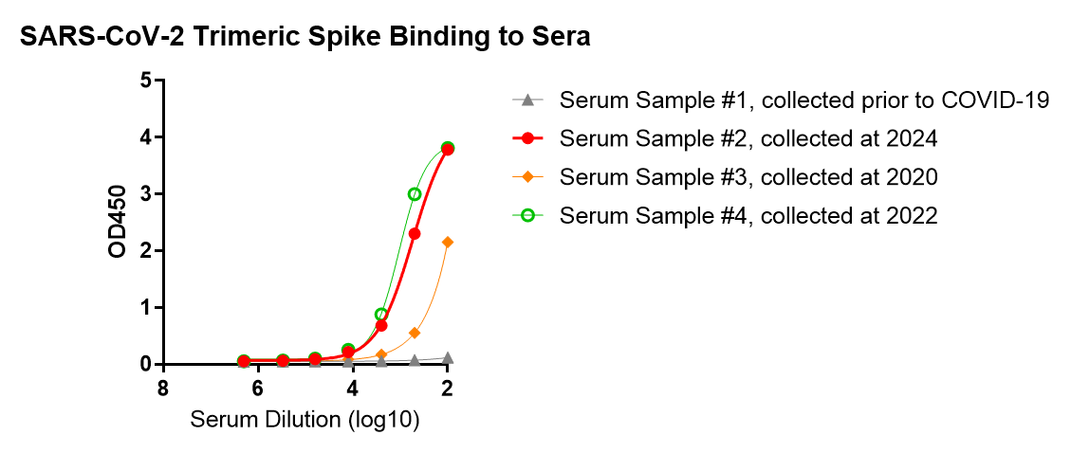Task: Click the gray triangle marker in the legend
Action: (x=527, y=100)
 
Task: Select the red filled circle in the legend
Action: (x=527, y=138)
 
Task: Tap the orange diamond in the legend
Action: (x=527, y=176)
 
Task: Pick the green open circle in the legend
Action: (x=527, y=215)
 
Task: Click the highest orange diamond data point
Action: (x=448, y=243)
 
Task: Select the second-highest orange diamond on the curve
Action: (x=415, y=333)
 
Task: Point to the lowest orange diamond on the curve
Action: (x=381, y=354)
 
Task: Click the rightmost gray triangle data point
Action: (x=448, y=357)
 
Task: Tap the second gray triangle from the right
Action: (x=415, y=360)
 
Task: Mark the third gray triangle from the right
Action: (x=381, y=362)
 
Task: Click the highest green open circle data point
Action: (x=448, y=148)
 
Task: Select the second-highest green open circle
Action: (x=415, y=194)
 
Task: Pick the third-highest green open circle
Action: (x=381, y=314)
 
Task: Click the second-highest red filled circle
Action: (x=415, y=233)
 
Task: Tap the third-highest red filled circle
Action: (x=381, y=325)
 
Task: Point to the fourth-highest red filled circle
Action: (x=348, y=353)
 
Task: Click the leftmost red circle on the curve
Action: (x=244, y=361)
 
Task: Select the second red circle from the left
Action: (x=283, y=360)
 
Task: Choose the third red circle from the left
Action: (x=315, y=359)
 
